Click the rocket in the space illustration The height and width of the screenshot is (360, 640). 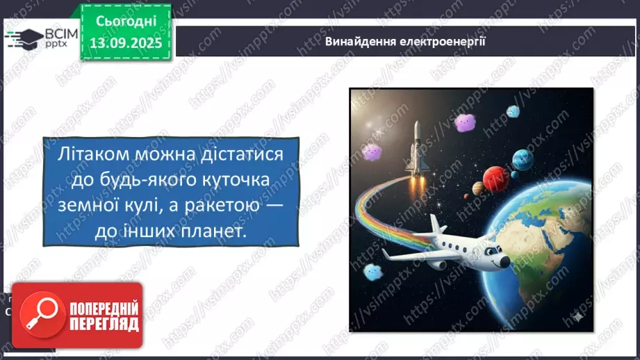pos(416,149)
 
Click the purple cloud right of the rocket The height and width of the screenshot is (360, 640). pos(463,122)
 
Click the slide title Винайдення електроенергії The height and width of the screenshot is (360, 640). pos(405,41)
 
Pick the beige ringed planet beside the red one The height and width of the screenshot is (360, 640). pos(478,188)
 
